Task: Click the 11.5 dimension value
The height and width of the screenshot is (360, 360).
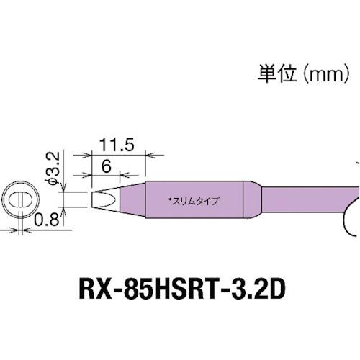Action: click(x=119, y=144)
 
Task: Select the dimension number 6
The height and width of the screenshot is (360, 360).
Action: click(x=104, y=164)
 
